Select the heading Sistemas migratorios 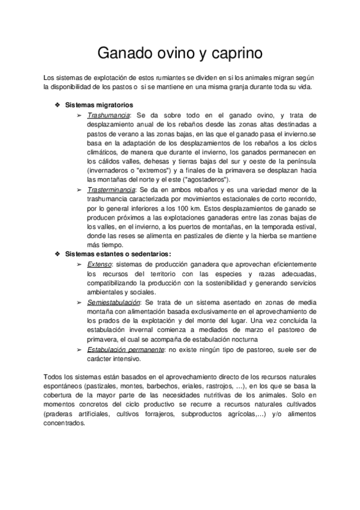pyautogui.click(x=99, y=105)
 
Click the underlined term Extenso pyautogui.click(x=99, y=264)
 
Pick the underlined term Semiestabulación pyautogui.click(x=114, y=301)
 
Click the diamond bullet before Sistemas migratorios pyautogui.click(x=58, y=105)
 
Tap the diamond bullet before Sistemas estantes pyautogui.click(x=58, y=254)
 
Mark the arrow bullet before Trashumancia pyautogui.click(x=79, y=115)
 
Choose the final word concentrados pyautogui.click(x=65, y=423)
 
